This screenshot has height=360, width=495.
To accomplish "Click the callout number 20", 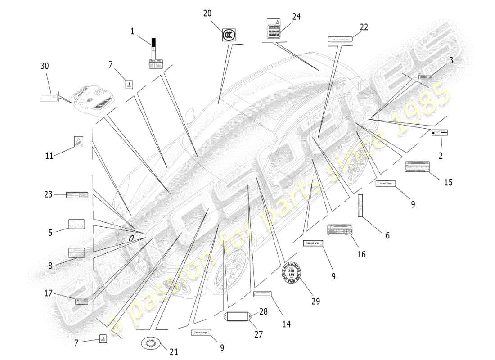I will pos(207,13).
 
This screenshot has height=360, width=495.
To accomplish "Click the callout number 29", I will pos(315,301).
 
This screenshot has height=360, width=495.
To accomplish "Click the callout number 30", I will pos(45,66).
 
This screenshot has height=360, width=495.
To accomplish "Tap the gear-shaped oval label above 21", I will pos(151,344).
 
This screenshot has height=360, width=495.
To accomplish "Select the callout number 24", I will pos(296,17).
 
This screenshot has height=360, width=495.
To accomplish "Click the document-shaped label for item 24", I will pos(274,28).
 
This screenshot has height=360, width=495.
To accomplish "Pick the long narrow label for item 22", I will pos(340,39).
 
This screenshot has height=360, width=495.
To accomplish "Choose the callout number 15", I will pos(448,182).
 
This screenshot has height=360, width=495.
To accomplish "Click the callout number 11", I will pos(49,156).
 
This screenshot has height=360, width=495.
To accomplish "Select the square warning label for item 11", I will pos(78,142).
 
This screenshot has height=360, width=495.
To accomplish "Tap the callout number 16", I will pos(361,254).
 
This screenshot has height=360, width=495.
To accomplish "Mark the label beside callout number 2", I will pos(440,133).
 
